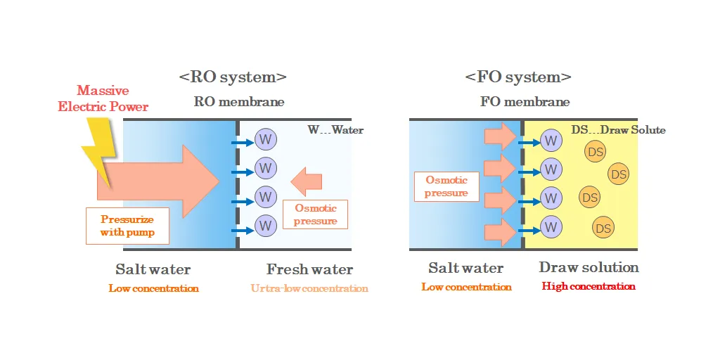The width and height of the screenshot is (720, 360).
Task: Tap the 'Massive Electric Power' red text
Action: tap(103, 98)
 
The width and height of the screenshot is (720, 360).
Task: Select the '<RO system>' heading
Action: tap(233, 77)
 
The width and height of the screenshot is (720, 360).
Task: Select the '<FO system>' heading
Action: tap(518, 77)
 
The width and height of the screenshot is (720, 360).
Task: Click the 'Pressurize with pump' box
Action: tap(127, 226)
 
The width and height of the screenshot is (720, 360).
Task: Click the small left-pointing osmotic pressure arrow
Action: tap(307, 182)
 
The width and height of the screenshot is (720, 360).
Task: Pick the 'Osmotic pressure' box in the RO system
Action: tap(316, 214)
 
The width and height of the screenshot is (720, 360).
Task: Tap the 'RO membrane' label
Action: tap(239, 102)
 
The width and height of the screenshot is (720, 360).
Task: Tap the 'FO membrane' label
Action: tap(525, 102)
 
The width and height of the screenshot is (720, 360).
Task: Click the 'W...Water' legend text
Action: tap(335, 130)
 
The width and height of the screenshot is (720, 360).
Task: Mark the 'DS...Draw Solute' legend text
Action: tap(618, 130)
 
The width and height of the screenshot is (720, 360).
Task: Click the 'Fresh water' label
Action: tap(309, 269)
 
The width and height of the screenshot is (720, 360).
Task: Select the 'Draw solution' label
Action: tap(589, 267)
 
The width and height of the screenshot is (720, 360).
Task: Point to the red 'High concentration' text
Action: tap(589, 287)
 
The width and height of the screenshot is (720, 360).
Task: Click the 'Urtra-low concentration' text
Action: tap(309, 288)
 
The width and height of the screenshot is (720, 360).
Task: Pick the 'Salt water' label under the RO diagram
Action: tap(153, 269)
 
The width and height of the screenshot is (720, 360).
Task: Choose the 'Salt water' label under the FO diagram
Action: tap(466, 268)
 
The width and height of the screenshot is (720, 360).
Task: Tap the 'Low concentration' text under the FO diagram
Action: tap(467, 288)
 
